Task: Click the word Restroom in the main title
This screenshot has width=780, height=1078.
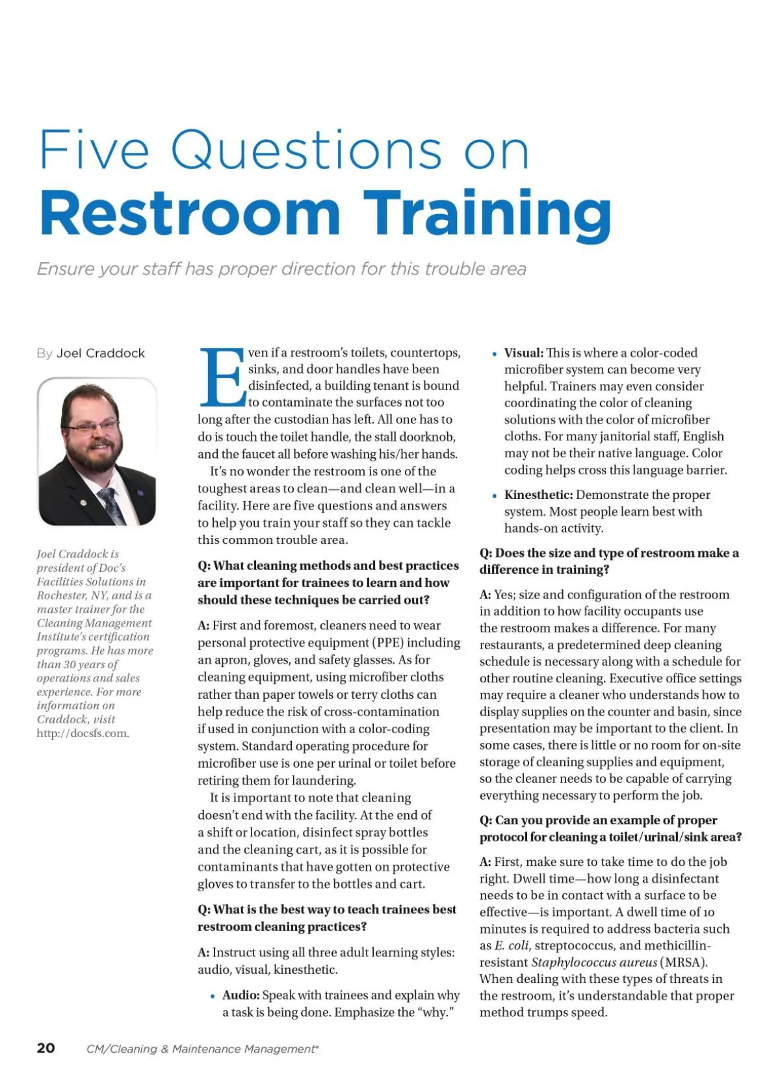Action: [x=190, y=214]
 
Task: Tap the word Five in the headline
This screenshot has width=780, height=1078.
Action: [x=94, y=150]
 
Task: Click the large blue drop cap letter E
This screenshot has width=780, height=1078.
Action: [x=222, y=377]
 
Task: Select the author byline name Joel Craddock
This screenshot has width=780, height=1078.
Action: [x=101, y=353]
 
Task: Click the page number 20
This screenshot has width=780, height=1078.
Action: [x=46, y=1047]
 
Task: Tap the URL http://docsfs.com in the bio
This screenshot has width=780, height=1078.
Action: [x=83, y=733]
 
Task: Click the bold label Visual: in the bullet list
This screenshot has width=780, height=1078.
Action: [x=523, y=353]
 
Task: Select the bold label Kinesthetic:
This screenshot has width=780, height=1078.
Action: [x=538, y=495]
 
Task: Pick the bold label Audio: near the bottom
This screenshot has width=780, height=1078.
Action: [x=240, y=995]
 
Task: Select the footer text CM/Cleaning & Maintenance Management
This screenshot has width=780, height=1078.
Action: [x=201, y=1049]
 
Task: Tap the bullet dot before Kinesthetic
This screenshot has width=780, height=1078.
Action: [x=495, y=496]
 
